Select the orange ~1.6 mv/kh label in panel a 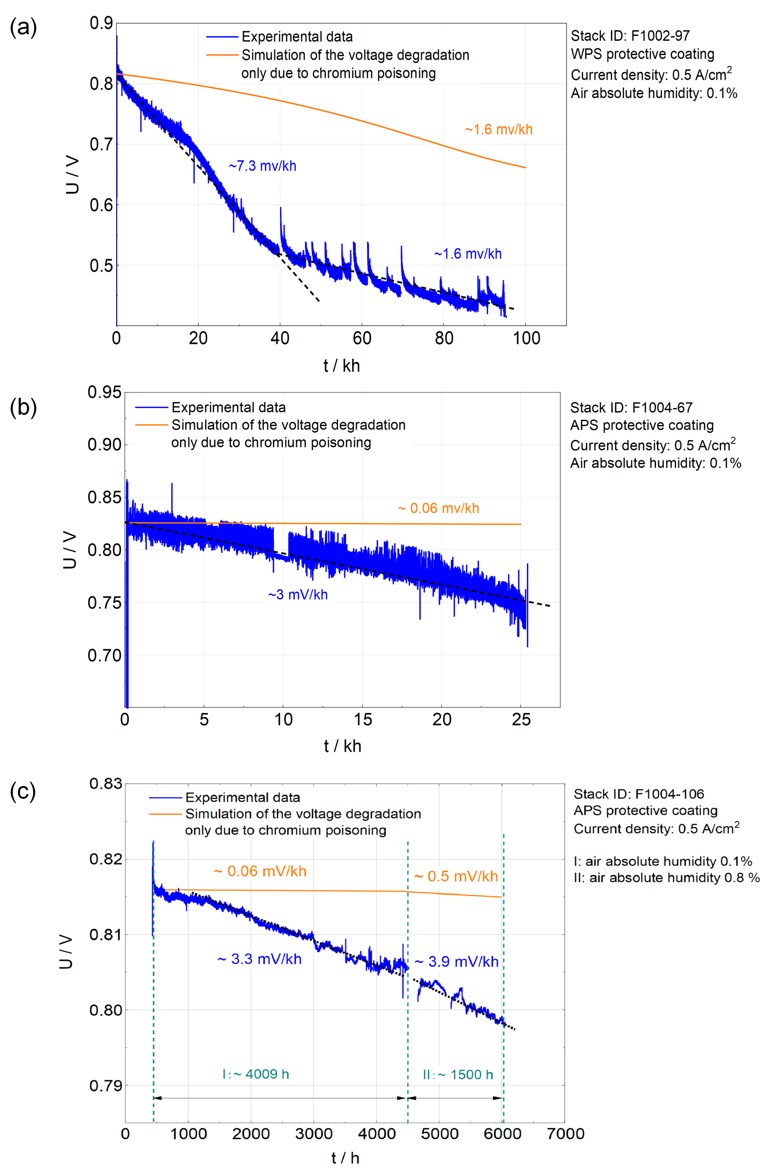tap(499, 129)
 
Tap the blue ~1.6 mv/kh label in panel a tap(468, 254)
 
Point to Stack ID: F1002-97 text tap(630, 36)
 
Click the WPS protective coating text tap(642, 54)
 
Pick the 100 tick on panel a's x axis tap(526, 339)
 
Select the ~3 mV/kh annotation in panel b tap(298, 595)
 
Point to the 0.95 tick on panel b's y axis tap(104, 392)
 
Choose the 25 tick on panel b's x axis tap(521, 720)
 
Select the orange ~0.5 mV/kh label tap(456, 876)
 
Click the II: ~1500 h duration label tap(458, 1074)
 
